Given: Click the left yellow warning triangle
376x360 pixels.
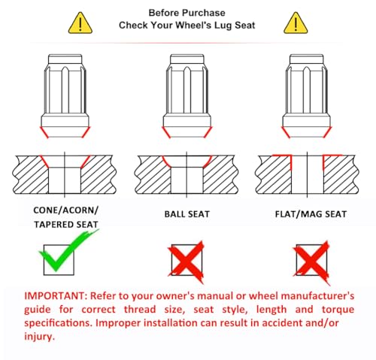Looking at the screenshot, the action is click(80, 23).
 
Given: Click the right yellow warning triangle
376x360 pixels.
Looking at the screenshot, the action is click(296, 23).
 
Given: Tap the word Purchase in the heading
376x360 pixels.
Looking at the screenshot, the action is click(204, 13).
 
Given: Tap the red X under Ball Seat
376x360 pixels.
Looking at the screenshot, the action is click(186, 262).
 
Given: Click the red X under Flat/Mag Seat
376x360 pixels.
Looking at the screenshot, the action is click(311, 262).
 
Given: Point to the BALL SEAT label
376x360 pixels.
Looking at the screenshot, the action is click(187, 214).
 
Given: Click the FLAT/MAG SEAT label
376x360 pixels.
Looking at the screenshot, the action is click(311, 214).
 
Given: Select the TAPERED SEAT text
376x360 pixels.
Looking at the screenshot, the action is click(66, 225).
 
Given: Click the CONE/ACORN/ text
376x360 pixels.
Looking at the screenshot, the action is click(65, 210).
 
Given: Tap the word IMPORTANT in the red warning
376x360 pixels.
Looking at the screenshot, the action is click(56, 296).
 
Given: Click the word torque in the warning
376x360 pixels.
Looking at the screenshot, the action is click(338, 310).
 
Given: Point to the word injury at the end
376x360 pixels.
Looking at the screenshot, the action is click(39, 337).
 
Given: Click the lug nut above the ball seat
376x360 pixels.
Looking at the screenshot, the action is click(187, 96).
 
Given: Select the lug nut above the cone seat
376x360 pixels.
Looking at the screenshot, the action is click(65, 96).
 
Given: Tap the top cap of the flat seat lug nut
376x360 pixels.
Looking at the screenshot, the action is click(306, 59).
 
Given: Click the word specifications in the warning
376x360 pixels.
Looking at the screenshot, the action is click(59, 323).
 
